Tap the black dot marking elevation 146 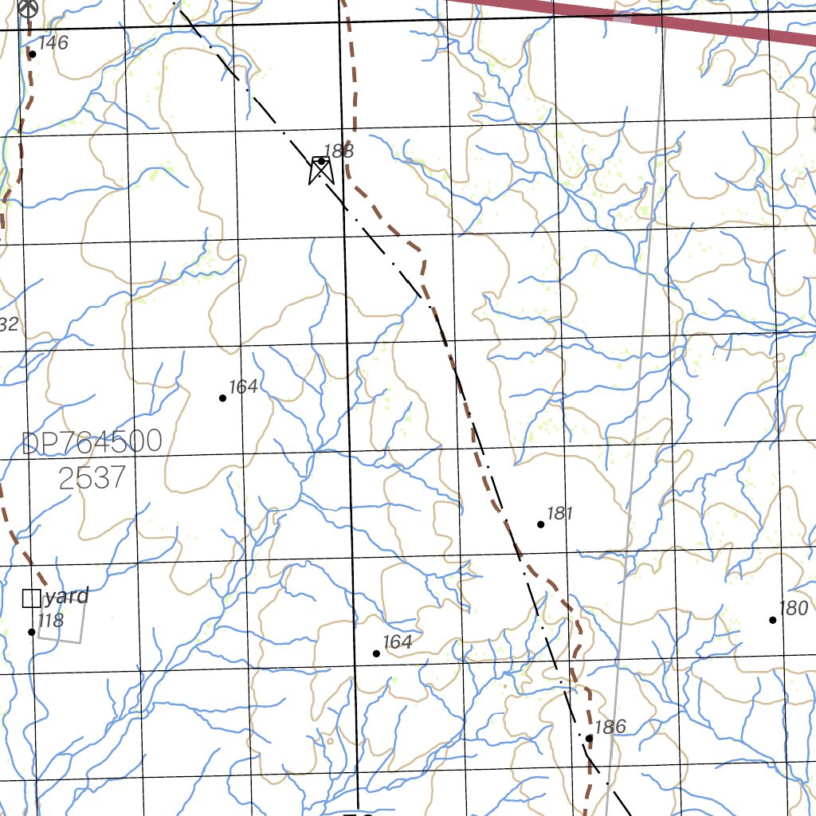[33, 54]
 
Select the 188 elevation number [339, 151]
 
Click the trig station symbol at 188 [320, 169]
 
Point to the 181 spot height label [560, 513]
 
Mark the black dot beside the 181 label [541, 524]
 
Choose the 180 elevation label [793, 609]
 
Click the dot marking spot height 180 [773, 620]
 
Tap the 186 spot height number [610, 727]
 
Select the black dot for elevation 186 [589, 738]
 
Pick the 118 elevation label [50, 621]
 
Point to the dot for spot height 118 [32, 632]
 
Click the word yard [66, 596]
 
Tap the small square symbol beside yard [31, 598]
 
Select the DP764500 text [92, 442]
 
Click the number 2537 [92, 478]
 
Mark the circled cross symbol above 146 [29, 8]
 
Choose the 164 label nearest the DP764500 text [243, 387]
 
